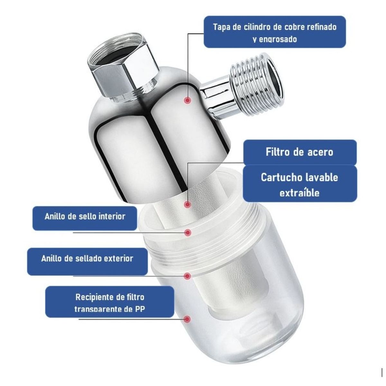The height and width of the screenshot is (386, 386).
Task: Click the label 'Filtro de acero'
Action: (x=299, y=152)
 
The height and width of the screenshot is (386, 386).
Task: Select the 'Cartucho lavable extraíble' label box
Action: (x=299, y=184)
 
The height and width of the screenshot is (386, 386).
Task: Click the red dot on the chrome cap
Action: (x=187, y=100)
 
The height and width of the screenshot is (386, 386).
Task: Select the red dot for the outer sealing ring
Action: (x=188, y=276)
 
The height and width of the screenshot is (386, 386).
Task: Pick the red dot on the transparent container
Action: (x=188, y=319)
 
